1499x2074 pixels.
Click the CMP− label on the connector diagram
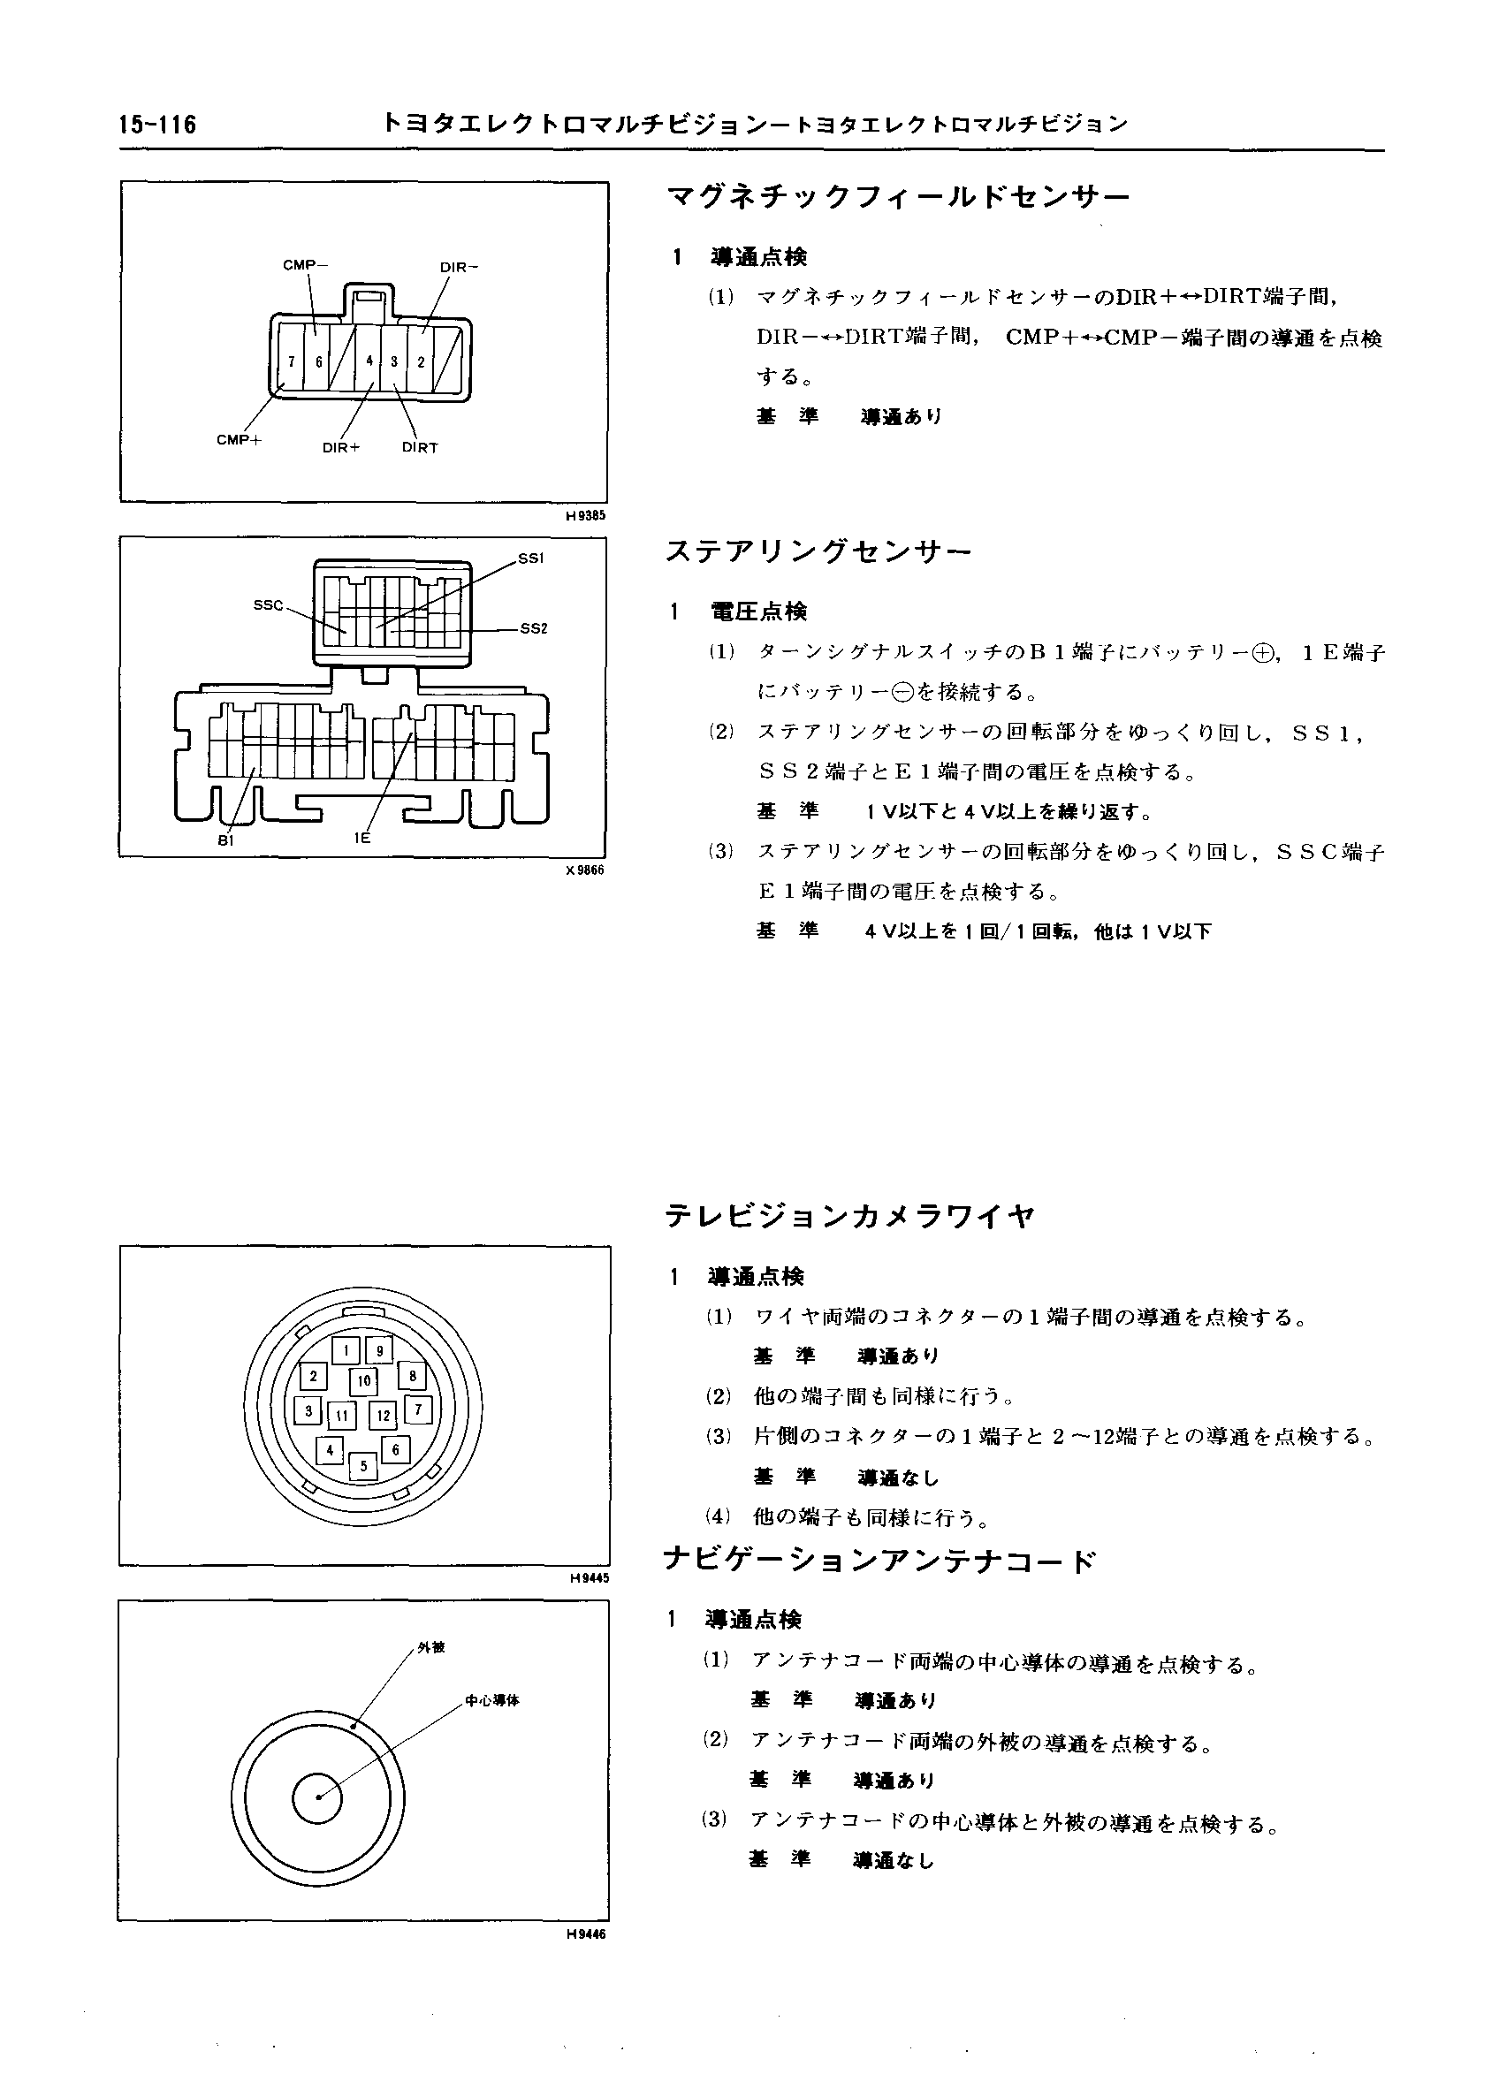click(x=306, y=265)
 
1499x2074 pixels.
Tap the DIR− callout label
click(x=459, y=268)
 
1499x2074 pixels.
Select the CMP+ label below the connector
click(x=239, y=440)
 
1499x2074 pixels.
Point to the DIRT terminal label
click(x=420, y=448)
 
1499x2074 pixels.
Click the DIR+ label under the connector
click(x=341, y=448)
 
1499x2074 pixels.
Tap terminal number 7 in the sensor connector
click(x=291, y=361)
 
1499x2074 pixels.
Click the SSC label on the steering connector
click(x=268, y=605)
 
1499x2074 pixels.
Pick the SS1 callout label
click(x=530, y=557)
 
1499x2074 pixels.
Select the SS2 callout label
click(x=533, y=628)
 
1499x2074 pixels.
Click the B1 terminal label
click(x=226, y=840)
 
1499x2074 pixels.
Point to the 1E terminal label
click(x=362, y=837)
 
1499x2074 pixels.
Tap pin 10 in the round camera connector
click(x=364, y=1381)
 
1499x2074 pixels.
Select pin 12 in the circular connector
click(x=384, y=1416)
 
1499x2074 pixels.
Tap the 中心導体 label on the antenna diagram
click(x=492, y=1701)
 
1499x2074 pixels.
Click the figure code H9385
click(x=585, y=516)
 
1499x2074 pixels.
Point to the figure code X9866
click(x=585, y=870)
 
